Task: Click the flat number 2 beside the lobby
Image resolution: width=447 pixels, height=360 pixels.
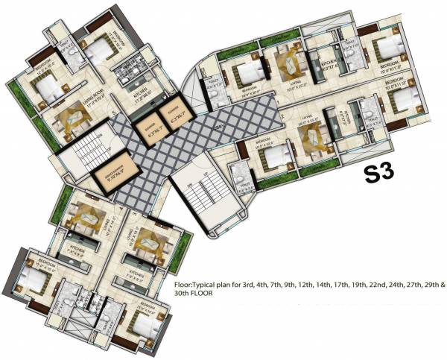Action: [282, 116]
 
